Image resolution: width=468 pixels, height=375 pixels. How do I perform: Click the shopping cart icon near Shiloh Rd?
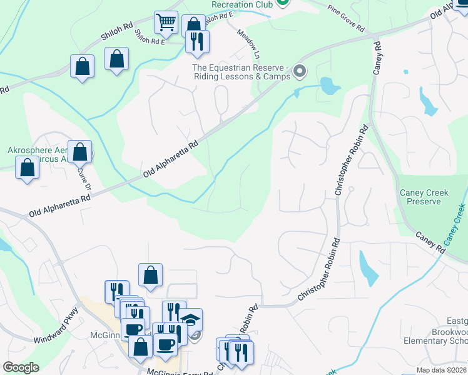tap(166, 22)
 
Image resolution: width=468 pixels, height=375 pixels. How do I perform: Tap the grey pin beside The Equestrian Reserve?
tap(299, 71)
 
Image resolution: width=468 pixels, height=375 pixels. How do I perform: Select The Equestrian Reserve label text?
tap(242, 72)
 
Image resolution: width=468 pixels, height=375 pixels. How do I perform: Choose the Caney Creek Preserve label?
tap(424, 197)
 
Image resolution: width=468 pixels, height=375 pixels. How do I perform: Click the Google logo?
tap(21, 367)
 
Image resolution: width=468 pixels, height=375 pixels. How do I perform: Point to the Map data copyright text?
tap(441, 370)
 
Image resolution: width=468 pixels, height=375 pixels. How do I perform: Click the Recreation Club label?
tap(242, 4)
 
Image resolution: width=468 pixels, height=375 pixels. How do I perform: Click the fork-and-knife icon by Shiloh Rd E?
tap(198, 42)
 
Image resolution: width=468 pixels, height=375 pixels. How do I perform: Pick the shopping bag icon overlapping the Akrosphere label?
tap(80, 151)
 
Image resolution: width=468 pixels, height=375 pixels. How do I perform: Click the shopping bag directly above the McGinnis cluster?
tap(151, 275)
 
